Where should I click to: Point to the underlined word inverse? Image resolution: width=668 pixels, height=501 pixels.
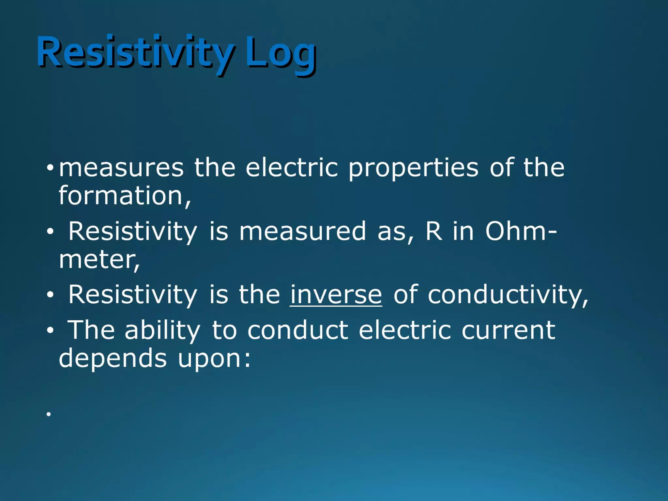(x=336, y=295)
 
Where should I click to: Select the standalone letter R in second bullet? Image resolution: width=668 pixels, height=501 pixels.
(x=434, y=231)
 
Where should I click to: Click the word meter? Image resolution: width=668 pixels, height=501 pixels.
(x=99, y=260)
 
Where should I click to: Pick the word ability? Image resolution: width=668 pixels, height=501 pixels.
(x=162, y=330)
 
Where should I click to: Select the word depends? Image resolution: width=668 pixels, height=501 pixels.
(x=113, y=358)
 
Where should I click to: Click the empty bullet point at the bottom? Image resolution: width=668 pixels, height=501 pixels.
(x=49, y=414)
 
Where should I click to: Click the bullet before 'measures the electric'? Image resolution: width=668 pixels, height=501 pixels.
(x=50, y=168)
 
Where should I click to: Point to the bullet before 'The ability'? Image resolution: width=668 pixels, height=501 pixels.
(x=50, y=330)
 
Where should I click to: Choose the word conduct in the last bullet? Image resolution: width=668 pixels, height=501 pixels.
(x=298, y=330)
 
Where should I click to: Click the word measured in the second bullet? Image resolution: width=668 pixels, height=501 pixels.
(x=303, y=231)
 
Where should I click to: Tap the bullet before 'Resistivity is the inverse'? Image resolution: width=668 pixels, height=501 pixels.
(x=50, y=295)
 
